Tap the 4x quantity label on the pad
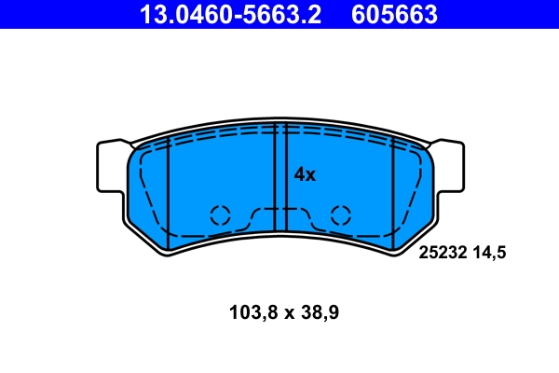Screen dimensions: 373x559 point(306,174)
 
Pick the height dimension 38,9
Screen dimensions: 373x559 point(320,313)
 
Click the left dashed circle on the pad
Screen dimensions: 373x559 point(220,214)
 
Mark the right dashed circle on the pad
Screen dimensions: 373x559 point(341,214)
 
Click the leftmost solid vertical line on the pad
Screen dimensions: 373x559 point(167,196)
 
